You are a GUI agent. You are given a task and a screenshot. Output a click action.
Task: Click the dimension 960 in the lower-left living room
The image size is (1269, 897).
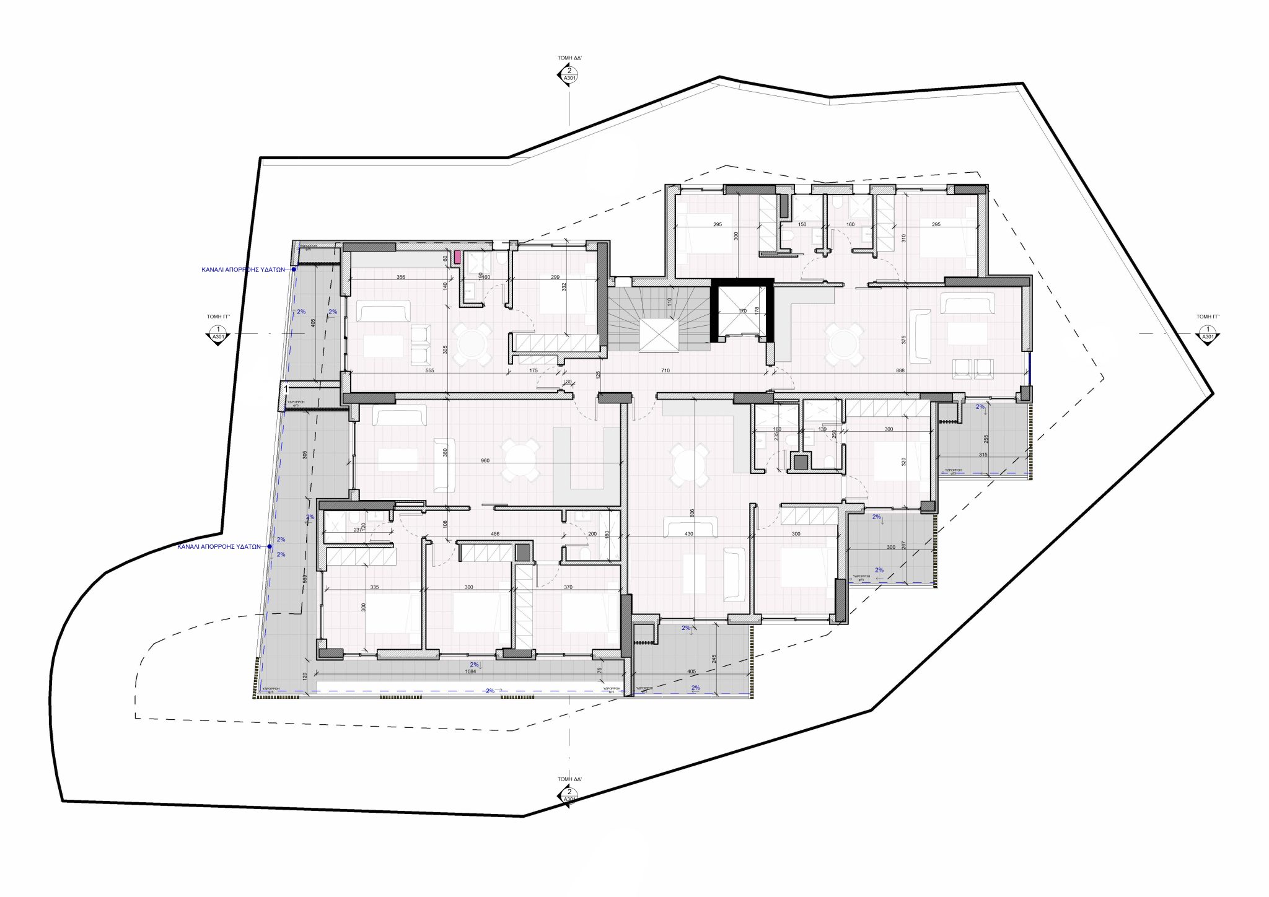(485, 460)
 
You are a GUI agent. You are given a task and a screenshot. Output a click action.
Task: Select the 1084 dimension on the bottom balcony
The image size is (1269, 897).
(470, 671)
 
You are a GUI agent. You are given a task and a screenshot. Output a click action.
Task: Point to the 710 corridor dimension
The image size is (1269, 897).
(665, 370)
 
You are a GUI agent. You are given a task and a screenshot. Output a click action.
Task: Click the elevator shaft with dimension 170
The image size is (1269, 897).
(742, 310)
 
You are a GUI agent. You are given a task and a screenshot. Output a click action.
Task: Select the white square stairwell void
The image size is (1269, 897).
(659, 335)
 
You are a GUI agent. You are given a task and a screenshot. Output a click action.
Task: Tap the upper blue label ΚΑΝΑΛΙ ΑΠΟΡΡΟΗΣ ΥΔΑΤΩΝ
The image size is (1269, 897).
(243, 270)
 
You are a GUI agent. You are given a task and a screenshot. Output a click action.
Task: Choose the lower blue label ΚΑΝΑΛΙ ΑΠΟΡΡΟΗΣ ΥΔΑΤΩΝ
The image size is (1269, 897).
(219, 547)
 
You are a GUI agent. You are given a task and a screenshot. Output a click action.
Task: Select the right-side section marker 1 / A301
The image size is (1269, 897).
(1207, 334)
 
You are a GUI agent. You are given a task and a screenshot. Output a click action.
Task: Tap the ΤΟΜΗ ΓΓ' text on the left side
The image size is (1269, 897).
(218, 316)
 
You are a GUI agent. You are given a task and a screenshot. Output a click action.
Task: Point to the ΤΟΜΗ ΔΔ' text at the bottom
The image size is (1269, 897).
(569, 779)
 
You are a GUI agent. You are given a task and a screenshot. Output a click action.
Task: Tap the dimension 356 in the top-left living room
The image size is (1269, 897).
(401, 277)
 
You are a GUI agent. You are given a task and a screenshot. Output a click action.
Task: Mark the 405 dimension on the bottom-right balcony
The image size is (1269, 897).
(691, 671)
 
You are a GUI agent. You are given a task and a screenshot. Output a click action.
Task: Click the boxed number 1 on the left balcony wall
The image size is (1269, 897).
(286, 390)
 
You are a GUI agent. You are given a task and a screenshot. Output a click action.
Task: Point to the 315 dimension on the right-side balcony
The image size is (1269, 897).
(983, 455)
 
